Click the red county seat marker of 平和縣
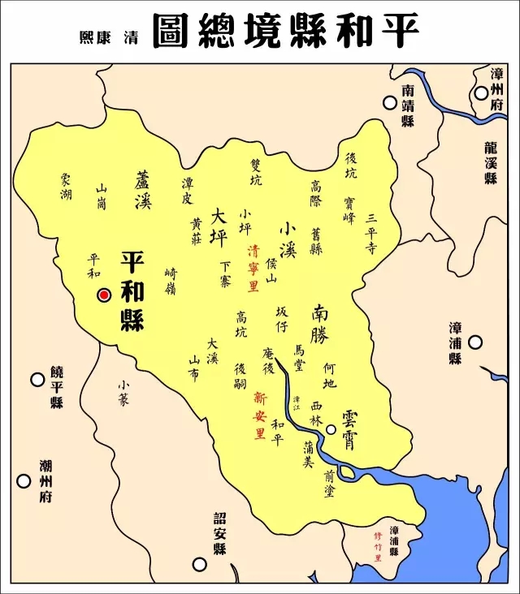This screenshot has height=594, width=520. [104, 295]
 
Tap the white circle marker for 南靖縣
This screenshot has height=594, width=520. [391, 103]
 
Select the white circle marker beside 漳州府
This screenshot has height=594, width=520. [482, 93]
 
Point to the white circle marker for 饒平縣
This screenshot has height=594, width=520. [37, 378]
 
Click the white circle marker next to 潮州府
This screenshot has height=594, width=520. [24, 480]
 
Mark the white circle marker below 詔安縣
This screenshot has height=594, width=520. [198, 564]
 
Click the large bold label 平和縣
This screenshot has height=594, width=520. [132, 290]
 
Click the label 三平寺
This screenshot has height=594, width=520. [371, 235]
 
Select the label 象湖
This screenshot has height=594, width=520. [65, 187]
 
